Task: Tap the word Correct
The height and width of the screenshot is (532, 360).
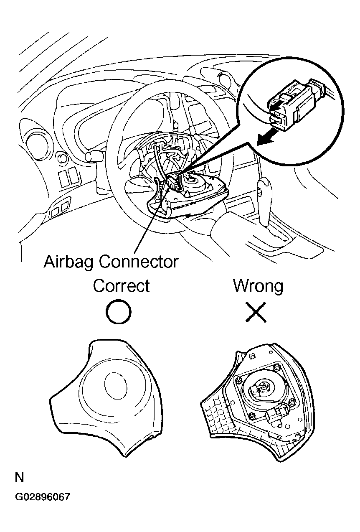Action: pos(121,286)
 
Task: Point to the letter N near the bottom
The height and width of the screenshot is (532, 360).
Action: pos(20,477)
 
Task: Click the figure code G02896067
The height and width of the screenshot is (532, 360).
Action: pos(43,496)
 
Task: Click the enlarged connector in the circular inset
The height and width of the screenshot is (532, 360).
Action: pos(297,104)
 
